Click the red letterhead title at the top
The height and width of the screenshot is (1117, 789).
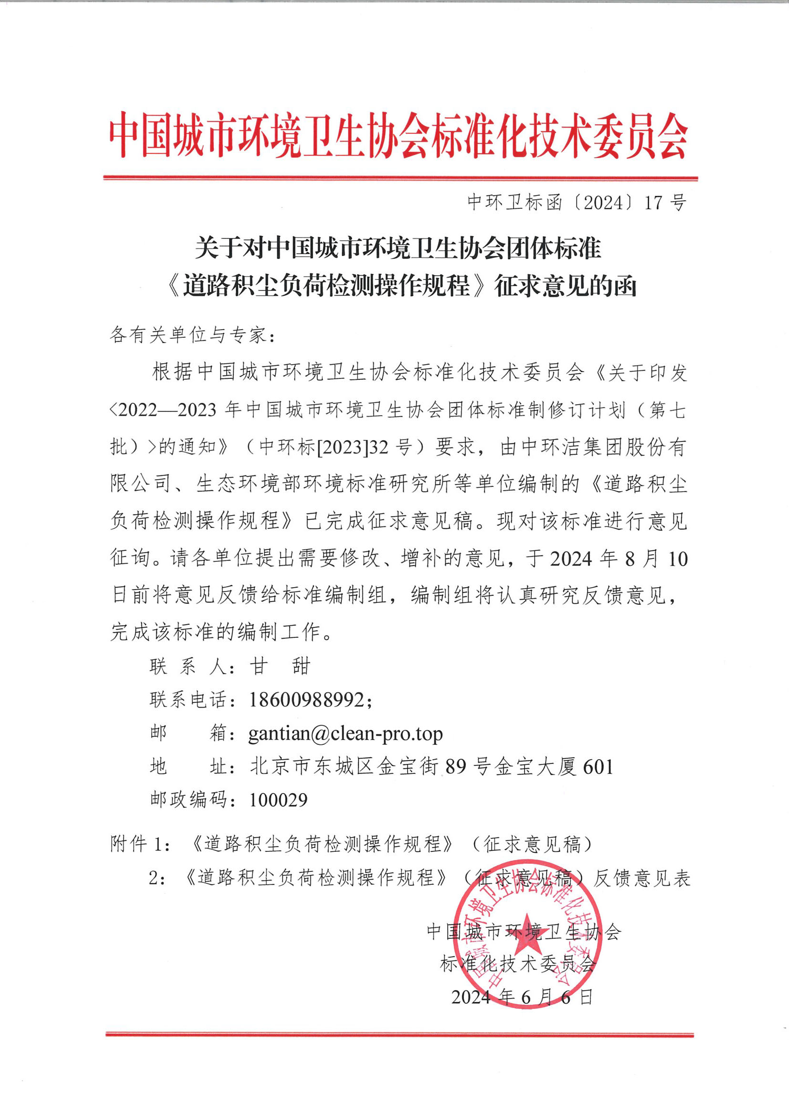coord(398,136)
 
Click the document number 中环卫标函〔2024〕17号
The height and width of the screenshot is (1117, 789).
coord(576,203)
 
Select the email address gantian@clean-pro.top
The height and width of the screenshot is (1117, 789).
coord(345,733)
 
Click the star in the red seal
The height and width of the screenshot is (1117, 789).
coord(526,942)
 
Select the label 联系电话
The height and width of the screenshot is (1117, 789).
coord(189,700)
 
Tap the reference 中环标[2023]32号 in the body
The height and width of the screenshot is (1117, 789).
coord(336,447)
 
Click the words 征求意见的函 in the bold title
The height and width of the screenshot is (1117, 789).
coord(565,286)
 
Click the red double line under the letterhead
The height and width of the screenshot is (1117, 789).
coord(400,179)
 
